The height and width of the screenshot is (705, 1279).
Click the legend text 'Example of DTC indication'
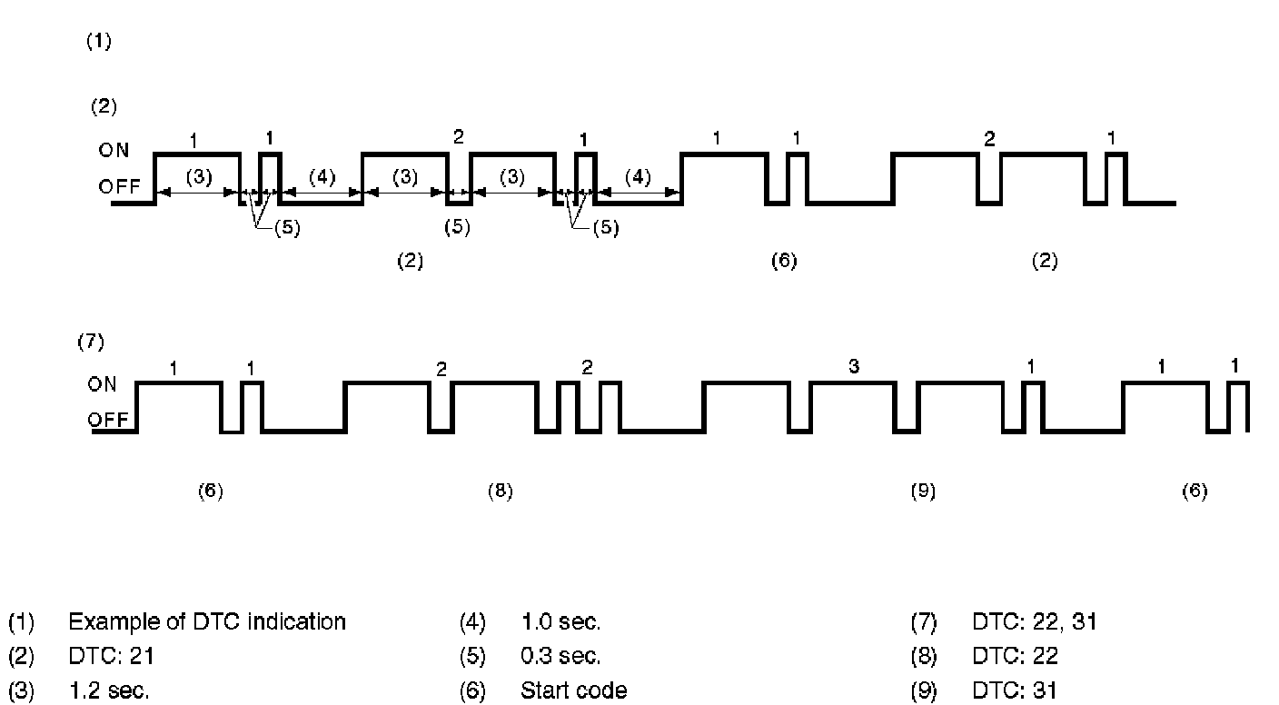[206, 622]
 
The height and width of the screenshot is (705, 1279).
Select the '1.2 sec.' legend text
[109, 691]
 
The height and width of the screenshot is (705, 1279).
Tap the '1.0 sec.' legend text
[560, 622]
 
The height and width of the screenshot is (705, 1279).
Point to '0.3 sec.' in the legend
[560, 656]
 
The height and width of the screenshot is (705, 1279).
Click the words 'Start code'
[573, 691]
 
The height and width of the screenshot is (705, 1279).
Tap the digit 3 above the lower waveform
[853, 367]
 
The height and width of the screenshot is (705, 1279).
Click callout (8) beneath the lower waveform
[500, 492]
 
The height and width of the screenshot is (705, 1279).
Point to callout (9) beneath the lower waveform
[923, 492]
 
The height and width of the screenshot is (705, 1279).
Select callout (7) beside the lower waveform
[92, 343]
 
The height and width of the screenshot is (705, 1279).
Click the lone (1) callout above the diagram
[99, 42]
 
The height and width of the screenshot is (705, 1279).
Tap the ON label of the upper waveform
[114, 151]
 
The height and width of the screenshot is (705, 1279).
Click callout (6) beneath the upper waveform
[783, 262]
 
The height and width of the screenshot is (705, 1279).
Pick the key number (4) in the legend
[472, 622]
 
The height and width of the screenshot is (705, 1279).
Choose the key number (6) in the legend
[472, 691]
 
